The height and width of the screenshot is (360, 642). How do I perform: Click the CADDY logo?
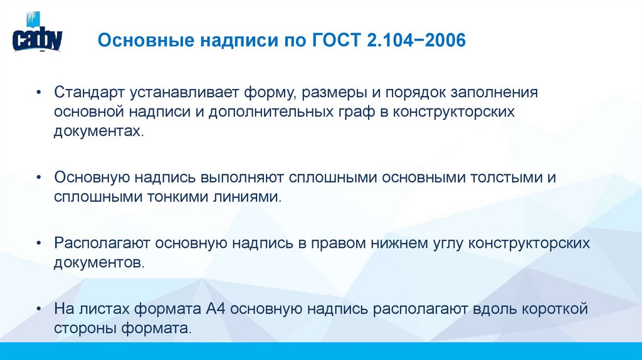point(37,37)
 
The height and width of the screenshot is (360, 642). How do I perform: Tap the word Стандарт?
point(88,93)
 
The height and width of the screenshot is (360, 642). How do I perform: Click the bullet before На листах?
point(39,309)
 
